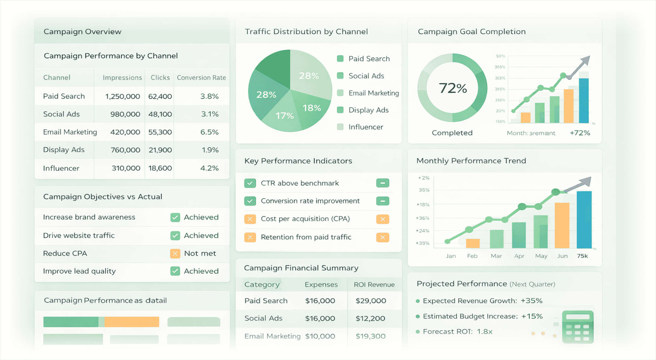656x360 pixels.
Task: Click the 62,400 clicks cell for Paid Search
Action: [160, 96]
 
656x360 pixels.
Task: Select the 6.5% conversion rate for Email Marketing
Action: [209, 132]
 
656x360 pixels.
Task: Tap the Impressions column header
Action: [122, 77]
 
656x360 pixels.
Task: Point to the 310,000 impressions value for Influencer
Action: [126, 168]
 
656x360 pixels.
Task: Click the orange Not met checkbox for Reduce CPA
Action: [175, 253]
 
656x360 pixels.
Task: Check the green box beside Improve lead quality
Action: [175, 271]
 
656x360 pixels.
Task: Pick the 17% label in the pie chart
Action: [284, 115]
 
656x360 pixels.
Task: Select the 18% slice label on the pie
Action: [312, 108]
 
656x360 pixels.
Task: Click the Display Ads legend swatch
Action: [340, 110]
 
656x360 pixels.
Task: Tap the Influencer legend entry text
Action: [366, 127]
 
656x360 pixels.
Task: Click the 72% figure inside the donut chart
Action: [453, 88]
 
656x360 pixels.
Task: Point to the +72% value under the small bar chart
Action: [580, 133]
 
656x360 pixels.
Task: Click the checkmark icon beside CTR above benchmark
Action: [250, 183]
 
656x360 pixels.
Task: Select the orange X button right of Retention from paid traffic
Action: [382, 237]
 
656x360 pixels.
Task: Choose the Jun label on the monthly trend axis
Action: [562, 256]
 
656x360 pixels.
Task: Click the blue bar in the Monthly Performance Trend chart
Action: [584, 219]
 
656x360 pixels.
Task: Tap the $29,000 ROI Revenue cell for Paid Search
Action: [371, 301]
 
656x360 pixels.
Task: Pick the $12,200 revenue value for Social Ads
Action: [370, 318]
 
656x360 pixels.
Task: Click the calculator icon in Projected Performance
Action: [577, 327]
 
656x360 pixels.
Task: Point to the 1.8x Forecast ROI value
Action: [484, 332]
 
